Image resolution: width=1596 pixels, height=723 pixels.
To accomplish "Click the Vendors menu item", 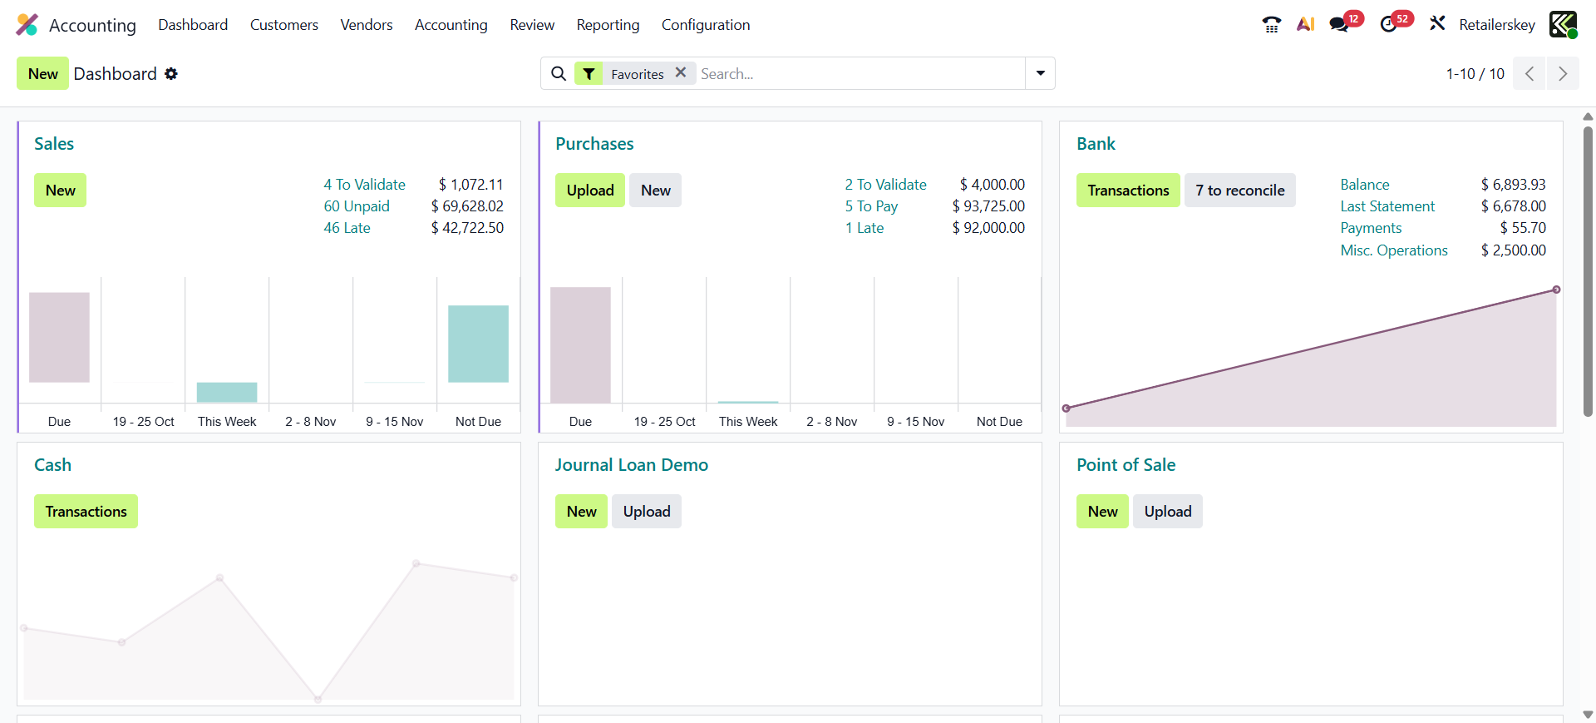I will click(366, 25).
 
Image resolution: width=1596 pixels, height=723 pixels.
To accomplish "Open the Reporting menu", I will click(608, 25).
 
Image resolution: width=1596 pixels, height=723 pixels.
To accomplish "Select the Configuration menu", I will click(705, 25).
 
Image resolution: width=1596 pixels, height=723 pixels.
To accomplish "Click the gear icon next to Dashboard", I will click(171, 74).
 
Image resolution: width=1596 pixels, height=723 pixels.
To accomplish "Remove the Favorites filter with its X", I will click(681, 72).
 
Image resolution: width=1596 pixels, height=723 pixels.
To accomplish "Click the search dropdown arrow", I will click(1040, 73).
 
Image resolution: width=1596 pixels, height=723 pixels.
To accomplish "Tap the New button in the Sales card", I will click(60, 191).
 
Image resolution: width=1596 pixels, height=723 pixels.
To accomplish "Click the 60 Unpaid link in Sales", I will click(356, 206).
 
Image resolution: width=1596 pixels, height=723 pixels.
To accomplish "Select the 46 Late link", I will click(347, 228).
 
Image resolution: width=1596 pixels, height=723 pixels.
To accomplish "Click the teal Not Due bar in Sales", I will click(478, 344).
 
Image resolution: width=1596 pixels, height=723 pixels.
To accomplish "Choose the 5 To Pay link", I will click(871, 206).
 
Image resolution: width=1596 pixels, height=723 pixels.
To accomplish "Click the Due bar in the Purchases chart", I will click(580, 344).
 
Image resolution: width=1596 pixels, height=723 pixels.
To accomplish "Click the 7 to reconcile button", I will click(1239, 191).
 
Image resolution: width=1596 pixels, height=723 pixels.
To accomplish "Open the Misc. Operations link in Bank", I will click(1393, 250).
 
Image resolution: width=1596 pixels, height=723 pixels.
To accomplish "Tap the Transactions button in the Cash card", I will click(86, 512).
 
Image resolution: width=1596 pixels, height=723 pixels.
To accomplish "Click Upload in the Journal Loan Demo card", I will click(646, 512).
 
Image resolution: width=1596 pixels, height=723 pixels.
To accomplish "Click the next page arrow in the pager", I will click(1562, 74).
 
